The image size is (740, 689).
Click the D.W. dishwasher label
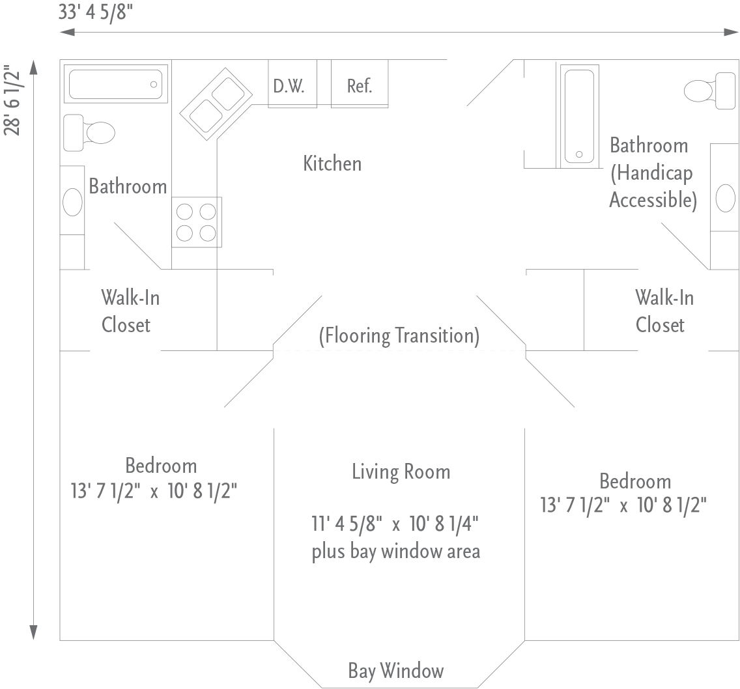(x=289, y=86)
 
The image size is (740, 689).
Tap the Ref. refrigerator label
(x=360, y=86)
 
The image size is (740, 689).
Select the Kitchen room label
(x=332, y=163)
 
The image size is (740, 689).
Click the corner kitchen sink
(x=216, y=104)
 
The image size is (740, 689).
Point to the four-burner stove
(x=196, y=222)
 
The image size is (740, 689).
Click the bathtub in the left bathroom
(x=116, y=84)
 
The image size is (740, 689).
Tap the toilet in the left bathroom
(x=89, y=133)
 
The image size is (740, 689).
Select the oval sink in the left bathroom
(x=73, y=202)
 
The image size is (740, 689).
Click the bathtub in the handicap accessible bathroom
(x=580, y=116)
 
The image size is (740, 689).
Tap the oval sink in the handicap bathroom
(x=726, y=198)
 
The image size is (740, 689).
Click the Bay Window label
(x=396, y=671)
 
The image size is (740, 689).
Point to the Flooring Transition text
(x=399, y=335)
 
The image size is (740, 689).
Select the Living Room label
(x=401, y=471)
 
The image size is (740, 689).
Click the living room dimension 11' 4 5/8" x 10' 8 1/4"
(x=395, y=524)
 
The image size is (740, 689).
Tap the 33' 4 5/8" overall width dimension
(x=96, y=12)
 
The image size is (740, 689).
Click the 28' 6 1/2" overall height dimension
(x=12, y=101)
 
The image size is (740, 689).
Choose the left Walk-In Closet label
(x=130, y=311)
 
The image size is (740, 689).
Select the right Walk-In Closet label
(x=664, y=311)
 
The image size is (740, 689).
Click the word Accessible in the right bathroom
(x=653, y=200)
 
